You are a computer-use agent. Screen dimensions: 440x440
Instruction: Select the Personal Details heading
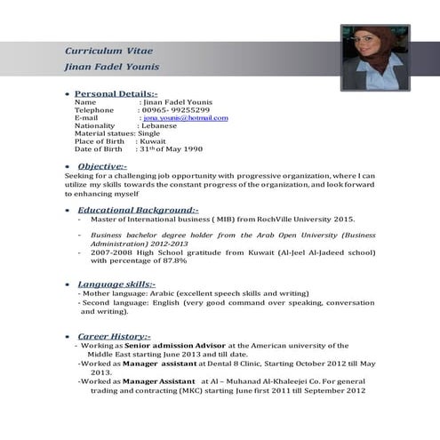click(116, 93)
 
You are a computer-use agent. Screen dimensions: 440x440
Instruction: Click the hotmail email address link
click(186, 117)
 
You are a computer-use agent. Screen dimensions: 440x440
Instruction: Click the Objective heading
click(101, 166)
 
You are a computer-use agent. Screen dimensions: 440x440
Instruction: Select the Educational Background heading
click(138, 209)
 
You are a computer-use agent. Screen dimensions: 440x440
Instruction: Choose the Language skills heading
click(116, 284)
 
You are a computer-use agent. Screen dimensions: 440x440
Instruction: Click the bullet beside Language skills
click(68, 284)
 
